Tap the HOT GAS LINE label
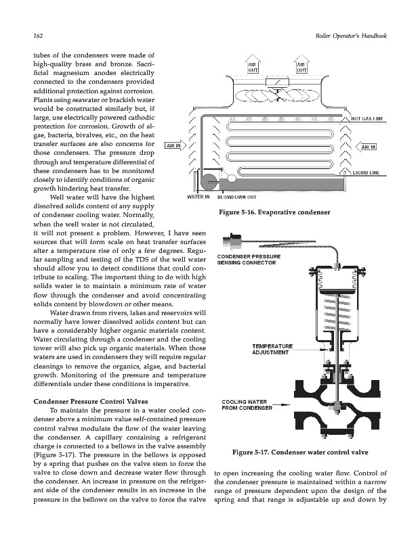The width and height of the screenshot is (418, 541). click(x=368, y=118)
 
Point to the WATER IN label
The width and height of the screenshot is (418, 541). click(x=198, y=197)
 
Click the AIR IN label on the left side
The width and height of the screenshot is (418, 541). click(x=174, y=145)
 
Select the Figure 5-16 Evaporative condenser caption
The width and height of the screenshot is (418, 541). click(x=276, y=214)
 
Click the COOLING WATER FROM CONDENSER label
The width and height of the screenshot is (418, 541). click(x=247, y=405)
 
